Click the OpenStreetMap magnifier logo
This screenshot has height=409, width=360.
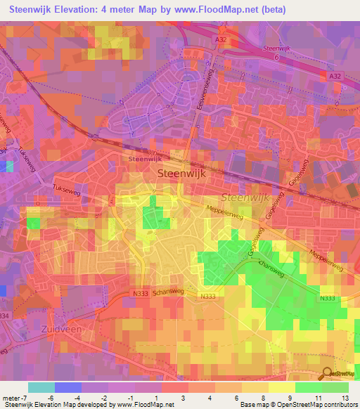[326, 373]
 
